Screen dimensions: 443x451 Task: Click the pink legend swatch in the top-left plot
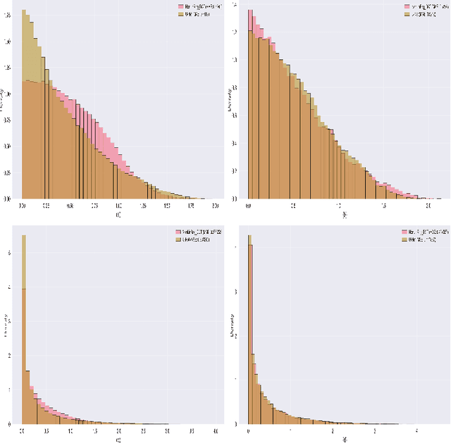(180, 6)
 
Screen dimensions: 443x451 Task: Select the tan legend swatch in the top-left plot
(180, 13)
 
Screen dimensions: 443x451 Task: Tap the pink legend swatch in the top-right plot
(407, 6)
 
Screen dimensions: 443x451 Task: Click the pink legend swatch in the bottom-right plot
(405, 231)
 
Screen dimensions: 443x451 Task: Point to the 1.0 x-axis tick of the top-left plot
(118, 205)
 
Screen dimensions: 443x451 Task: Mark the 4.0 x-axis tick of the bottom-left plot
(216, 431)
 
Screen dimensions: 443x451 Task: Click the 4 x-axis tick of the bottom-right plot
(416, 431)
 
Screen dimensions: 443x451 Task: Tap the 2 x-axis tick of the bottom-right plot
(333, 431)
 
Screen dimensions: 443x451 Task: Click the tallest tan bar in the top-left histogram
(25, 106)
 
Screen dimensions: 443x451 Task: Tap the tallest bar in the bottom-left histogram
(24, 331)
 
